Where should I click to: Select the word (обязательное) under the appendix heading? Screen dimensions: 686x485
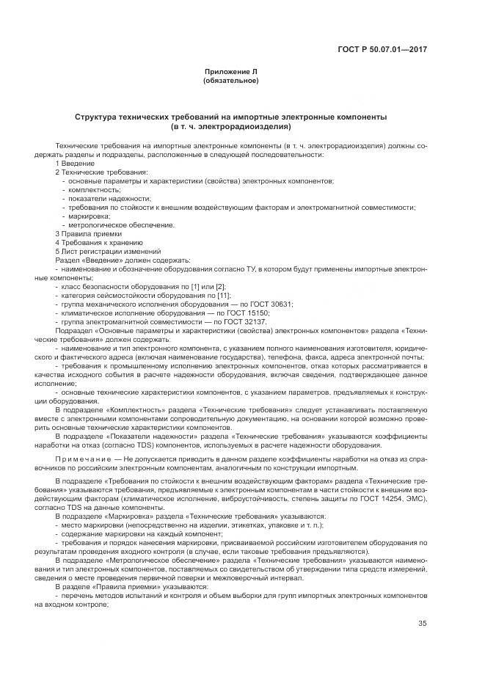click(231, 80)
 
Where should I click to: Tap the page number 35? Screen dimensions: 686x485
click(423, 624)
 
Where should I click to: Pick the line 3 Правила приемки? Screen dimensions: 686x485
click(83, 233)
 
